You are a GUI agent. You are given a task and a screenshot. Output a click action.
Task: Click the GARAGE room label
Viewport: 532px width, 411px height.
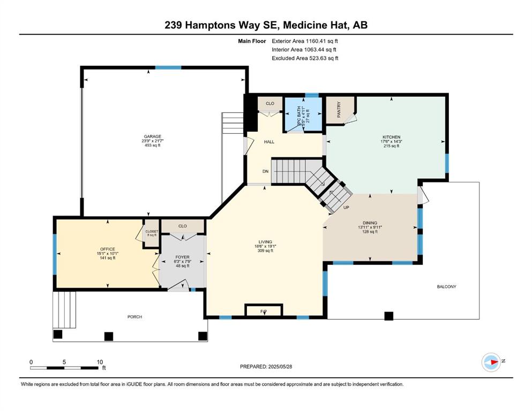(x=152, y=136)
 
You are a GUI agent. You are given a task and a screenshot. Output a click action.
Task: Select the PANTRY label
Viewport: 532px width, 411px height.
(x=339, y=110)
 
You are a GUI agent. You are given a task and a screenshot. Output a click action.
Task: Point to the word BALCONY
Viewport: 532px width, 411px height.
(x=446, y=287)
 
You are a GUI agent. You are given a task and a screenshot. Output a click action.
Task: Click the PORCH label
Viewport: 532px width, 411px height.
(x=134, y=317)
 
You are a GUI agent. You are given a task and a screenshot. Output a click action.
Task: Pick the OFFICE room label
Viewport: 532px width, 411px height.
(x=108, y=249)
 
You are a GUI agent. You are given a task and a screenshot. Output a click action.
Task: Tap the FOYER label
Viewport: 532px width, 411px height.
(x=183, y=257)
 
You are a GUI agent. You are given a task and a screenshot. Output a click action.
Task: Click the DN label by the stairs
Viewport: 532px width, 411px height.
(x=265, y=171)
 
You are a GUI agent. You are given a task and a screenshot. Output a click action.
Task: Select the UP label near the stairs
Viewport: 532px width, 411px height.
(x=346, y=207)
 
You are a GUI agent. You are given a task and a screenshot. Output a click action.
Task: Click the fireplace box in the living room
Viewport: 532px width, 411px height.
(x=264, y=310)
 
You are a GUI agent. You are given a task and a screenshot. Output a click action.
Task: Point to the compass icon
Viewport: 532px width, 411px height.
(x=491, y=362)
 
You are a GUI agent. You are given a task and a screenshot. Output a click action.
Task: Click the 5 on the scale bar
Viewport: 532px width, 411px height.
(x=64, y=362)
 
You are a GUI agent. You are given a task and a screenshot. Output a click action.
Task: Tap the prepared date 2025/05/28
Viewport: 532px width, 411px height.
(x=280, y=367)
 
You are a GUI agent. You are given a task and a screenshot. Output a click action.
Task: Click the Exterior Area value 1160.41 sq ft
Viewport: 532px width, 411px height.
(x=322, y=41)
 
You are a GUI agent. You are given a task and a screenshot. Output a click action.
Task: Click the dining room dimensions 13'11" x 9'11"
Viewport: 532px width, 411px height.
(x=370, y=227)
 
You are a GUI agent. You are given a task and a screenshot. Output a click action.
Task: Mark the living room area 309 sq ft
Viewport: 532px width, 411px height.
(x=265, y=251)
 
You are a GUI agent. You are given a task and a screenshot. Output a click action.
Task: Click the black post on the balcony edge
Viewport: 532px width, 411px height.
(x=389, y=316)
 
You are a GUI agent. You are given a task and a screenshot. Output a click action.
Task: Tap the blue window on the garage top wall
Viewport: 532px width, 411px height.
(x=168, y=68)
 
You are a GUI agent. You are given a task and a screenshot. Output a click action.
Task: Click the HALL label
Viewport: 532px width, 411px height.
(x=269, y=142)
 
